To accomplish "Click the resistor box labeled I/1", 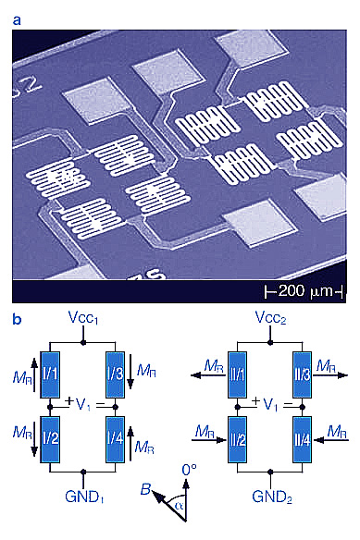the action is (x=50, y=374).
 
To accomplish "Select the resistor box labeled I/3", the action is (x=115, y=374).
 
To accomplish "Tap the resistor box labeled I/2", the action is (x=50, y=439).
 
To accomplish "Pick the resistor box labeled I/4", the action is (x=115, y=439).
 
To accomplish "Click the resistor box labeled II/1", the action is (x=237, y=374).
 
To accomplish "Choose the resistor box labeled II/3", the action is (x=302, y=374).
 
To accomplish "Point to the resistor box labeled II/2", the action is (x=237, y=439).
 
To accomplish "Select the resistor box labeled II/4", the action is (x=302, y=439).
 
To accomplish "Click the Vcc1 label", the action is (x=83, y=318).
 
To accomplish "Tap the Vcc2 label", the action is (x=270, y=318).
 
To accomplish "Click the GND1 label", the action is (x=84, y=497).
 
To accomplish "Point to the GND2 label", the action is (x=272, y=497).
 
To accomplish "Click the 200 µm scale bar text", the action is (x=305, y=291).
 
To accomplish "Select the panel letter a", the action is (x=17, y=20).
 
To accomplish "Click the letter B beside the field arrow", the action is (x=145, y=489).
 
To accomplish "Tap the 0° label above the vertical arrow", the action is (x=189, y=470).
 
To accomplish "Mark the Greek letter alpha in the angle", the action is (x=178, y=506).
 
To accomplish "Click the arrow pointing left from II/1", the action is (x=209, y=375).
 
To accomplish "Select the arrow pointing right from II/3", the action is (x=330, y=375).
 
